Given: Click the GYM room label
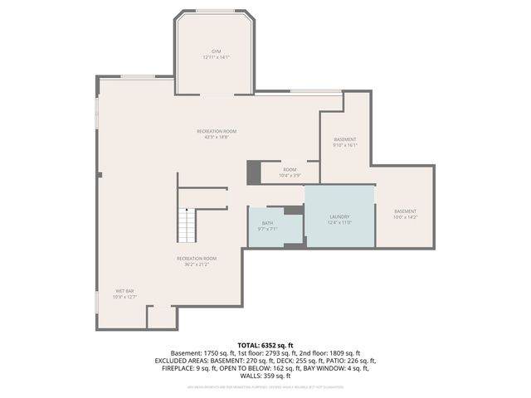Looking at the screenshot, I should point(216,51).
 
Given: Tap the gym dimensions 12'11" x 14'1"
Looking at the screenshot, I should point(216,57).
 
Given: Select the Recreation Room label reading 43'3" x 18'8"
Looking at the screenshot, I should point(217,131).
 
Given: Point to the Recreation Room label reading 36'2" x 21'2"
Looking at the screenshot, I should point(196,258).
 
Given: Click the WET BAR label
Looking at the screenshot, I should point(124,291).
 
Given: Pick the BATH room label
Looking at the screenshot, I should point(267,223).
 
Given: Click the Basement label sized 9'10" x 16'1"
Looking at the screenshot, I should point(345,138).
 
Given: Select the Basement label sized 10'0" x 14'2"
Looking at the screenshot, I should point(406,211).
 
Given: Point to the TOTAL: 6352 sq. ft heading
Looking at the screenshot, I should point(265,344).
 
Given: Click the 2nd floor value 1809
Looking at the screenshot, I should point(333,352).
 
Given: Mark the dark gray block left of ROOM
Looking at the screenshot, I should point(253,172).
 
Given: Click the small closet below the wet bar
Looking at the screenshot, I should point(161,318).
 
